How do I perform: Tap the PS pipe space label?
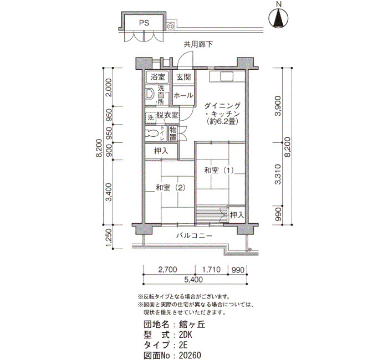pyautogui.click(x=144, y=23)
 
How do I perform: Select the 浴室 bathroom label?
pyautogui.click(x=157, y=77)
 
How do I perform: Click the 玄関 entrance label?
pyautogui.click(x=183, y=77)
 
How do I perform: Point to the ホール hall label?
pyautogui.click(x=183, y=95)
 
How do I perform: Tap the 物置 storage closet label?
pyautogui.click(x=173, y=133)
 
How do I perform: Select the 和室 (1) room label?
pyautogui.click(x=219, y=171)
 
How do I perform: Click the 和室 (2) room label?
pyautogui.click(x=171, y=188)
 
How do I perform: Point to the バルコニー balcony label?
pyautogui.click(x=194, y=235)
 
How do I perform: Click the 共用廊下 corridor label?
pyautogui.click(x=198, y=44)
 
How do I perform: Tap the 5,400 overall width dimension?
pyautogui.click(x=193, y=280)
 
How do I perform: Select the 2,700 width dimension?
pyautogui.click(x=167, y=269)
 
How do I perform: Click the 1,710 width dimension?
pyautogui.click(x=211, y=269)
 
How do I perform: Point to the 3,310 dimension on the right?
pyautogui.click(x=278, y=174)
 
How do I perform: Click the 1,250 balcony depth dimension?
pyautogui.click(x=109, y=238)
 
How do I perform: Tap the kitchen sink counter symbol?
pyautogui.click(x=221, y=76)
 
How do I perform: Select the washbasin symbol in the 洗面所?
pyautogui.click(x=150, y=94)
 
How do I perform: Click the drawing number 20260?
pyautogui.click(x=190, y=356)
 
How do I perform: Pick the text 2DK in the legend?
pyautogui.click(x=185, y=335)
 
